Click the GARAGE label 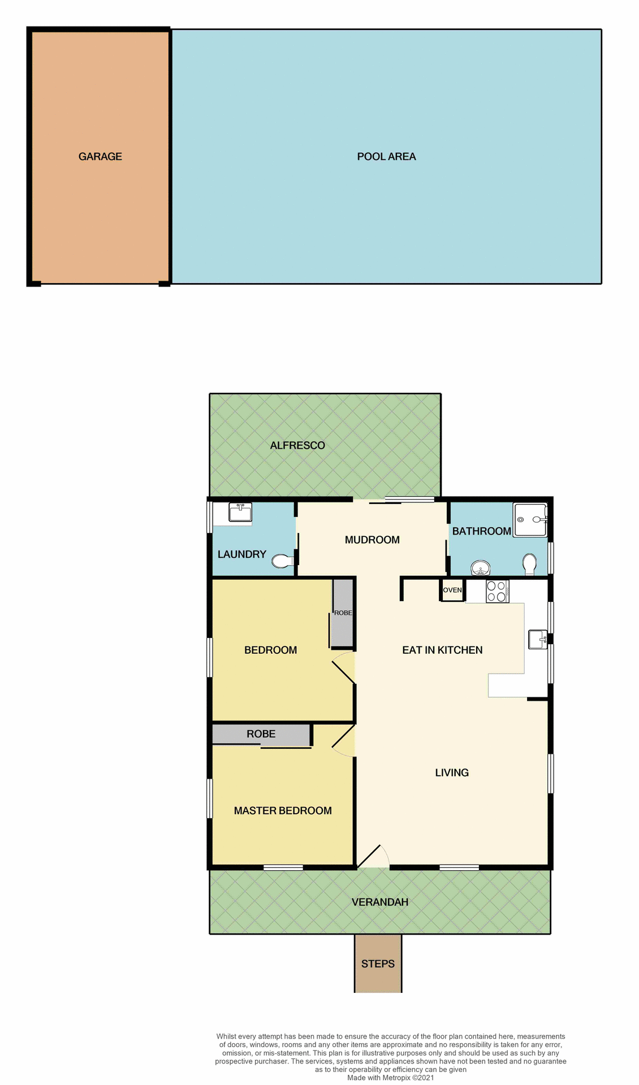[100, 157]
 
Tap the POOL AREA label [386, 157]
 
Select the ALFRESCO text [297, 445]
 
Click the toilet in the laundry [282, 561]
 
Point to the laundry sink [240, 513]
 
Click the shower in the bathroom [530, 519]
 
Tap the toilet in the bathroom [529, 563]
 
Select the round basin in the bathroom [480, 567]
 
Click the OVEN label [452, 590]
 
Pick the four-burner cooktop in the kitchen [497, 591]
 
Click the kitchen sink [538, 639]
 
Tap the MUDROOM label [372, 540]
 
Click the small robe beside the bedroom [342, 613]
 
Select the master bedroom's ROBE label [261, 734]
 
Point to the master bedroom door [343, 740]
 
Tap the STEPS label [378, 964]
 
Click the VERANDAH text [380, 902]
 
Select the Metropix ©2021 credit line [391, 1078]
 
